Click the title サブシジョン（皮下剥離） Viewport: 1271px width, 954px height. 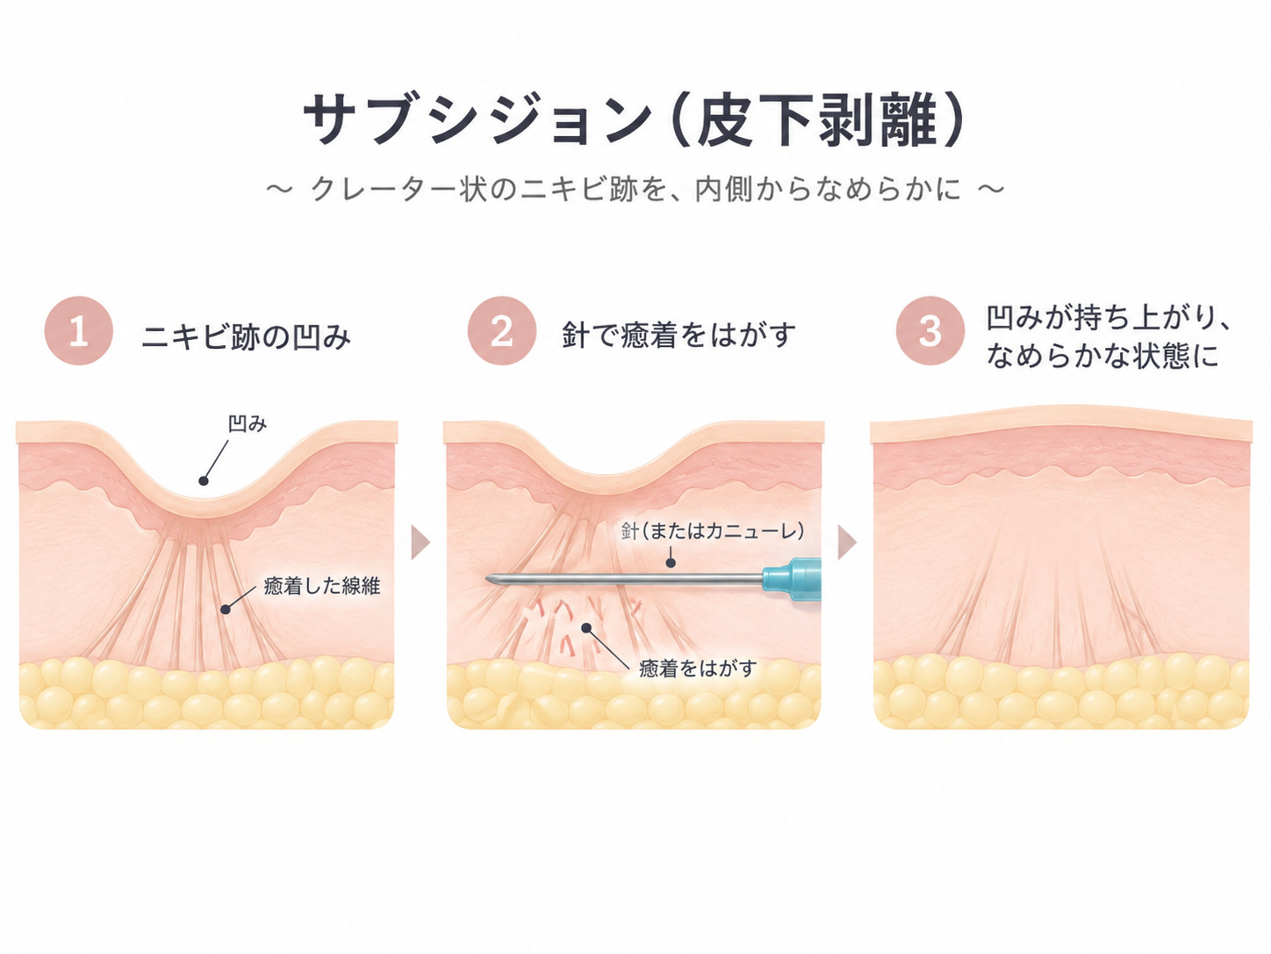click(634, 119)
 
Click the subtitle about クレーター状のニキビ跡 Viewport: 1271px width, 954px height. click(635, 190)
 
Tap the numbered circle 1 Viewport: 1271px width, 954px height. click(79, 331)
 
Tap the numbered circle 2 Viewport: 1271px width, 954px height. click(502, 331)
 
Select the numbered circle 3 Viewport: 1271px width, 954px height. click(930, 331)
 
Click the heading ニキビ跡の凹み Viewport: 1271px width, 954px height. click(247, 336)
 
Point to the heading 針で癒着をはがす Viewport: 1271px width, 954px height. click(679, 335)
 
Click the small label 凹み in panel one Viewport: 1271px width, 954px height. click(248, 424)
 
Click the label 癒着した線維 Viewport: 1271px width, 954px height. click(322, 586)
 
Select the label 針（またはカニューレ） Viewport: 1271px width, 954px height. click(713, 531)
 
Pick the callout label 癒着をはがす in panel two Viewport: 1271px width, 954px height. click(698, 669)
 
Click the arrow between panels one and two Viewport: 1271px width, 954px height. click(420, 543)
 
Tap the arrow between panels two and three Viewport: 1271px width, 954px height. click(847, 543)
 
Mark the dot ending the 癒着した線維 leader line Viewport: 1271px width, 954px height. click(226, 610)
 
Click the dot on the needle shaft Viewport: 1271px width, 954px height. click(671, 563)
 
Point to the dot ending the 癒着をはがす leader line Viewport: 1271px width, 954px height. click(586, 628)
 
